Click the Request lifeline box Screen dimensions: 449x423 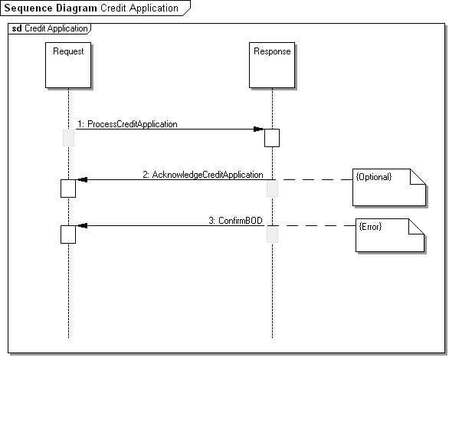[x=68, y=65]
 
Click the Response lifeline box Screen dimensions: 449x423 [x=272, y=65]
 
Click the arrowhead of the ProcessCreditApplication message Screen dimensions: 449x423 [x=258, y=130]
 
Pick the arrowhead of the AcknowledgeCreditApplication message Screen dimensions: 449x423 [x=83, y=180]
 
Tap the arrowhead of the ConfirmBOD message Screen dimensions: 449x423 [x=83, y=225]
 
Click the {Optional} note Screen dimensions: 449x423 [x=389, y=187]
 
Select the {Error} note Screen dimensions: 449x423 [x=390, y=235]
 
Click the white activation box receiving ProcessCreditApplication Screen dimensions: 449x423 [x=272, y=138]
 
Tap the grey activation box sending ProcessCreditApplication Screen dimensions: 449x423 [x=68, y=138]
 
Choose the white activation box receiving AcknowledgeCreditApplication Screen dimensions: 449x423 [x=68, y=189]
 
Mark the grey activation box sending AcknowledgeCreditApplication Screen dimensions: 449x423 [x=272, y=189]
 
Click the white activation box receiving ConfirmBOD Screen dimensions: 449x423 [x=68, y=234]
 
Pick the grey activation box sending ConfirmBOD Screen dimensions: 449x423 [x=272, y=234]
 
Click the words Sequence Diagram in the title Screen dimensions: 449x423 [x=51, y=8]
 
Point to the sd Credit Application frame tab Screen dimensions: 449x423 [x=50, y=28]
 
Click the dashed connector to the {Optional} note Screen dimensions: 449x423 [x=315, y=180]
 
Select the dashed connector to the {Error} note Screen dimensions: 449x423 [x=317, y=225]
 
